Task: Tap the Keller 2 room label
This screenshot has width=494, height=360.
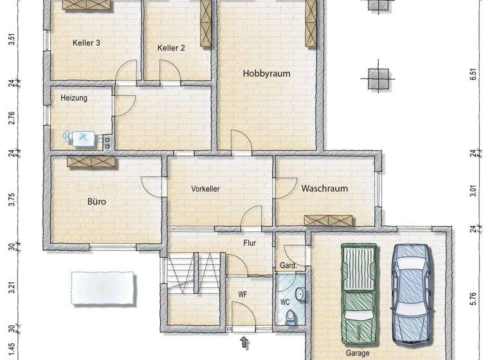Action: [x=171, y=48]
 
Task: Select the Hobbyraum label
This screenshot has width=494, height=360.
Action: [x=266, y=73]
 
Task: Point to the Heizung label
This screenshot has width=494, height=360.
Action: [x=74, y=98]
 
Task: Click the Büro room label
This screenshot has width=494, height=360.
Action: [x=96, y=201]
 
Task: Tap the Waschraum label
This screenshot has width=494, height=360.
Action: [x=324, y=188]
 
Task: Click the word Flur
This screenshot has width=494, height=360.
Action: [x=250, y=244]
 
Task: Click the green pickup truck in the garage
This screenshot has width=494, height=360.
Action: [x=358, y=293]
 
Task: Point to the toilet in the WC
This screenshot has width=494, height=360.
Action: [x=291, y=317]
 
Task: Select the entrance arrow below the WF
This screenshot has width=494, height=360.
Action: [x=244, y=343]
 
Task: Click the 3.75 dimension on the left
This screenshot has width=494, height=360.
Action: [x=11, y=200]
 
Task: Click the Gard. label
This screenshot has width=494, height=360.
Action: [x=286, y=265]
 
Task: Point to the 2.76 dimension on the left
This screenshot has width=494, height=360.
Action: [x=11, y=118]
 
